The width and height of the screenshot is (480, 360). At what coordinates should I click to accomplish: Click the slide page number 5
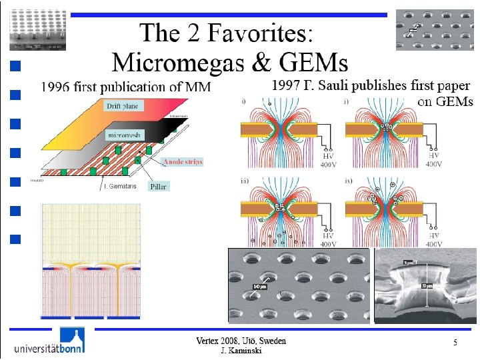[455, 343]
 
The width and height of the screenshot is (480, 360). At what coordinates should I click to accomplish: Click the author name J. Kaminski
[241, 351]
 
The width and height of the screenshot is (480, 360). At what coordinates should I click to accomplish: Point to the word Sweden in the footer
[272, 341]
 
